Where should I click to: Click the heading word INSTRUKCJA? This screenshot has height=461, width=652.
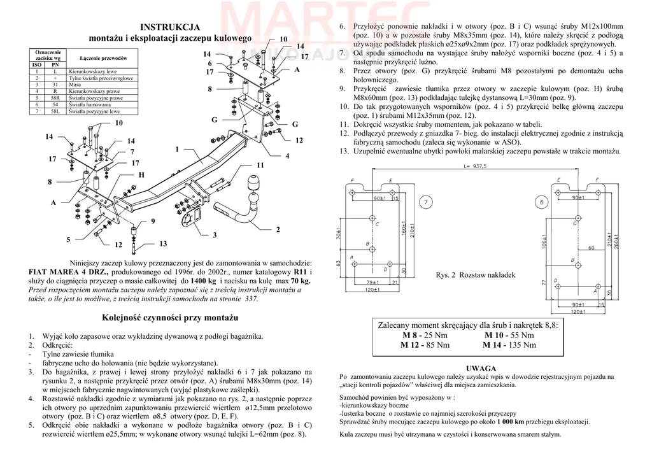click(169, 27)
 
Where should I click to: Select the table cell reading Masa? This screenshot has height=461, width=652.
click(74, 84)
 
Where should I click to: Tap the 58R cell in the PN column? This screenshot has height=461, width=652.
click(56, 98)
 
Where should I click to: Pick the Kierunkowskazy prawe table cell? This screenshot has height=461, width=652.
click(91, 91)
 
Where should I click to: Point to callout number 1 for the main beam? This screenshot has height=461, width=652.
click(178, 149)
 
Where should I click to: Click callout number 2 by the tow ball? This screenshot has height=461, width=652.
click(278, 229)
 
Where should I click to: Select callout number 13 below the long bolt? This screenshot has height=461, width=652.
click(163, 244)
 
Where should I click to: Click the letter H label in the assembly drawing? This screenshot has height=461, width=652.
click(141, 174)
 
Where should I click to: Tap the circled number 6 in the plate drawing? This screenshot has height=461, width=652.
click(542, 202)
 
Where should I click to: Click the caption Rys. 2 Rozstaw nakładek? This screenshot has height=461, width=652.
click(475, 275)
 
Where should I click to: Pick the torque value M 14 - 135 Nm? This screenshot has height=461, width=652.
click(510, 345)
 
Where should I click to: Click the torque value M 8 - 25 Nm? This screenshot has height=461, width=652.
click(425, 335)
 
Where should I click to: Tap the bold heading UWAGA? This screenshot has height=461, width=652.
click(481, 368)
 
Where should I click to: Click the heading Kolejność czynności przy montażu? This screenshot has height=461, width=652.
click(169, 317)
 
